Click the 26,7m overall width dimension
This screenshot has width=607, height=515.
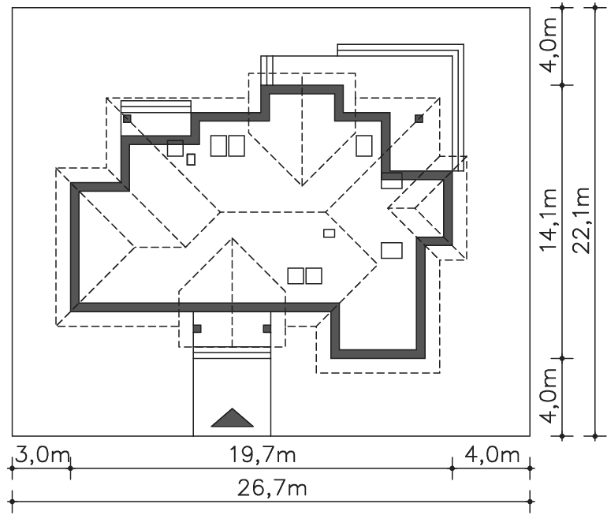pos(272,488)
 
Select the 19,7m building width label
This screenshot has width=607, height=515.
pos(263,454)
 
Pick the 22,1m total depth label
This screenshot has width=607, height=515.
pos(581,220)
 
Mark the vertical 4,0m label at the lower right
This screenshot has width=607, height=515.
pos(548,396)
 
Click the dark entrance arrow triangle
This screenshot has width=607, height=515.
pos(233,418)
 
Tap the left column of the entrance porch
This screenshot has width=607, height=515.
pos(197,329)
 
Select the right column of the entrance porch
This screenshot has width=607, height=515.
pos(266,329)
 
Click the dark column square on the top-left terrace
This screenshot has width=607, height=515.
pos(127,118)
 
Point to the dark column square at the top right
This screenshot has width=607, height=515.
pos(419,118)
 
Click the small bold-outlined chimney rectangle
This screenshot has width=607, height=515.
pos(191,159)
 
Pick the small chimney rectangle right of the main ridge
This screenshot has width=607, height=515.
pos(329,233)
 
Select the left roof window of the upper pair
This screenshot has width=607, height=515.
pos(218,146)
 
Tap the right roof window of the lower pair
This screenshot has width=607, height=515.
pos(314,276)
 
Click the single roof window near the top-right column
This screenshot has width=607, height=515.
pos(364,146)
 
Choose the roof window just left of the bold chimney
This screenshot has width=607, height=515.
pos(175,148)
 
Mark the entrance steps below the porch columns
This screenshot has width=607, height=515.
pos(232,353)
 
